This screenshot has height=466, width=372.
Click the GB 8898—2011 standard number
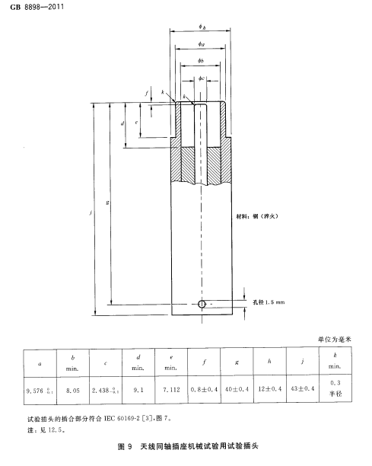pyautogui.click(x=37, y=7)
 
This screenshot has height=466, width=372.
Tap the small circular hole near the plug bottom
pyautogui.click(x=202, y=304)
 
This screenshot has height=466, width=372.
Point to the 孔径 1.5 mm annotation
pyautogui.click(x=269, y=302)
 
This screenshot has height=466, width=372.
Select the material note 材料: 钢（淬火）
pyautogui.click(x=257, y=216)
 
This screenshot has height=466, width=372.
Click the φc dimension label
pyautogui.click(x=202, y=78)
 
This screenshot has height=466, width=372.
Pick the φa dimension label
pyautogui.click(x=202, y=44)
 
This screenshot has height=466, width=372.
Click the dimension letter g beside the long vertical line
pyautogui.click(x=107, y=203)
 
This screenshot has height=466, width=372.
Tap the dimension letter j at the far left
pyautogui.click(x=91, y=212)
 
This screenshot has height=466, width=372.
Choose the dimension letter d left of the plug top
pyautogui.click(x=122, y=123)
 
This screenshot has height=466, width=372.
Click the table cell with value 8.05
pyautogui.click(x=73, y=391)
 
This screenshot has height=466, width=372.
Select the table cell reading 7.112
pyautogui.click(x=171, y=390)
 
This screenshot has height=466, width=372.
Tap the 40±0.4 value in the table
pyautogui.click(x=237, y=389)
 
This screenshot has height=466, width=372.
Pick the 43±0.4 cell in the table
pyautogui.click(x=303, y=388)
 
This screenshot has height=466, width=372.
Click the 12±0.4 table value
pyautogui.click(x=270, y=389)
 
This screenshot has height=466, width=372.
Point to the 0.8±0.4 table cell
pyautogui.click(x=205, y=389)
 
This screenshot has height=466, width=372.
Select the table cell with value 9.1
pyautogui.click(x=138, y=390)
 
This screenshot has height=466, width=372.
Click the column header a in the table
pyautogui.click(x=40, y=364)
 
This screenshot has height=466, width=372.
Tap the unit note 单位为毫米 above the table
pyautogui.click(x=335, y=339)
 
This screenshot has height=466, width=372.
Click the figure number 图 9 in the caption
pyautogui.click(x=125, y=446)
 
